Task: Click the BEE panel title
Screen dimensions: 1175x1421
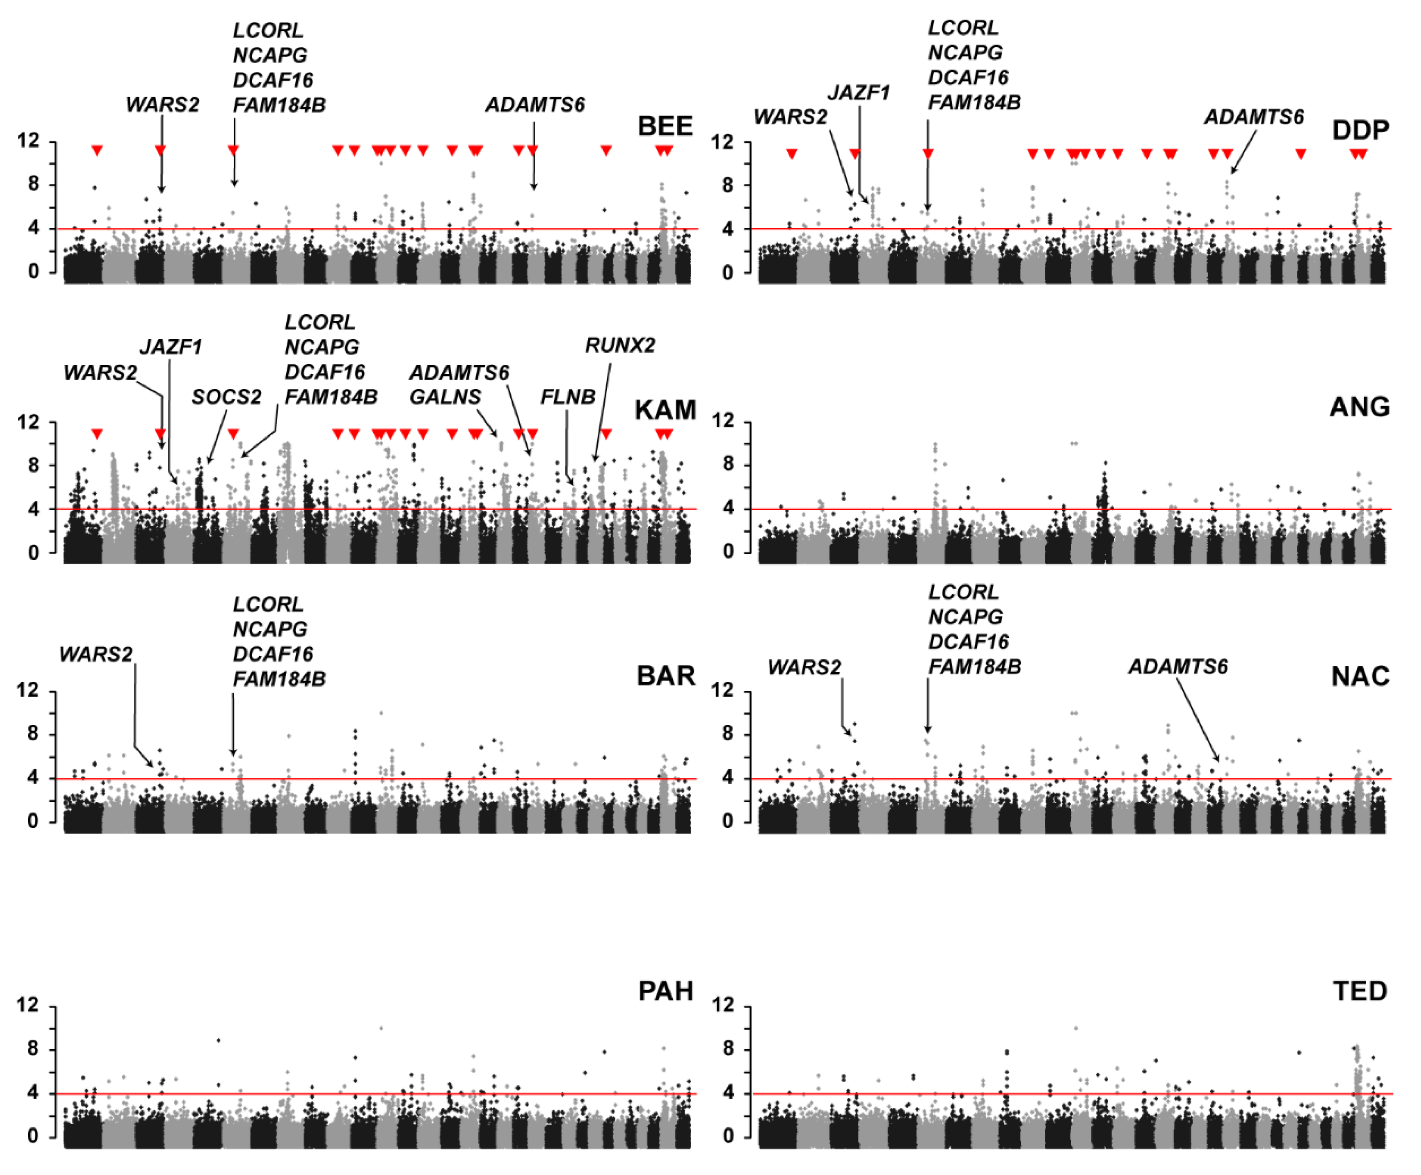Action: [x=665, y=127]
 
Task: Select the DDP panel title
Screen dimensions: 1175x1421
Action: [x=1360, y=130]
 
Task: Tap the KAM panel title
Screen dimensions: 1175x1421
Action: [x=665, y=410]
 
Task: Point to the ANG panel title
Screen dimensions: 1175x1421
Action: [x=1360, y=407]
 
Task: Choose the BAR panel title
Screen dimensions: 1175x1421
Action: [x=666, y=676]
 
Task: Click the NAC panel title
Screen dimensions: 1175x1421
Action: [x=1360, y=677]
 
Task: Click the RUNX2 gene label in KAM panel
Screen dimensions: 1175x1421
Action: [x=620, y=346]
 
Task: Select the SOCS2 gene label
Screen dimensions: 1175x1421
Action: [x=226, y=397]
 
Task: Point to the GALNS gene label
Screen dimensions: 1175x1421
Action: [x=445, y=397]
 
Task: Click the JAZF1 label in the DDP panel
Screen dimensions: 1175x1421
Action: [x=859, y=93]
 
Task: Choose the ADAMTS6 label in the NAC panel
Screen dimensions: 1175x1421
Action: [x=1178, y=667]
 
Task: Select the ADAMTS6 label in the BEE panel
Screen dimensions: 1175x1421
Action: [x=535, y=105]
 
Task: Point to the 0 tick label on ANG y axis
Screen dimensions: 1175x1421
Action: [x=728, y=552]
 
